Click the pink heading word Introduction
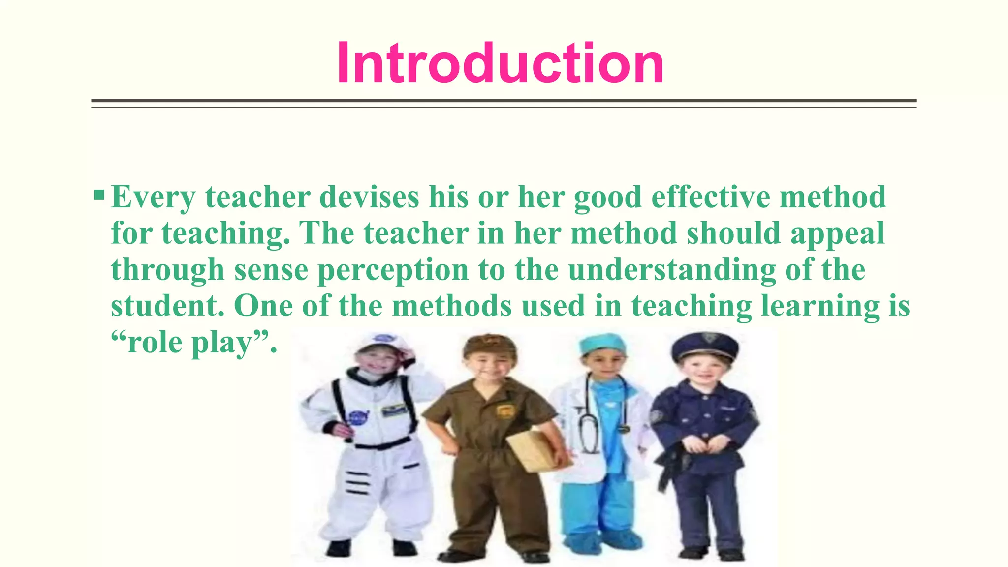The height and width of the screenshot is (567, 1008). pyautogui.click(x=500, y=64)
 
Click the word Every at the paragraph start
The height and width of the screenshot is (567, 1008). pyautogui.click(x=153, y=197)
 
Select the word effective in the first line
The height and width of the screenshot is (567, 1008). pyautogui.click(x=711, y=197)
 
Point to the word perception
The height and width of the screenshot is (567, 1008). pyautogui.click(x=393, y=270)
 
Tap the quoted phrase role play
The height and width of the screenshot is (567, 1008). pyautogui.click(x=194, y=342)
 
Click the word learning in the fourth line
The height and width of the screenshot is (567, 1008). pyautogui.click(x=819, y=306)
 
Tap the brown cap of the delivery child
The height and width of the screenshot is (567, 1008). pyautogui.click(x=489, y=345)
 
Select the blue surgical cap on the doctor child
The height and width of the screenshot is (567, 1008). pyautogui.click(x=602, y=343)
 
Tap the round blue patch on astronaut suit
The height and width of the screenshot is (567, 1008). pyautogui.click(x=358, y=417)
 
